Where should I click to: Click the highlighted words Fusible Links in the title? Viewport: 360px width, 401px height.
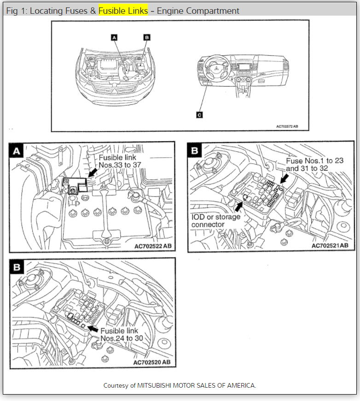pos(123,11)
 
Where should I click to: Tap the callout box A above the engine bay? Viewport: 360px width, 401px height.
pos(114,37)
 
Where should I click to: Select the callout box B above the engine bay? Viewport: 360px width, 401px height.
pos(146,37)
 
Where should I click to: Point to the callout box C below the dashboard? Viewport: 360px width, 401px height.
pos(199,115)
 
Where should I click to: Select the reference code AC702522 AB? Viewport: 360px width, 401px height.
pos(153,246)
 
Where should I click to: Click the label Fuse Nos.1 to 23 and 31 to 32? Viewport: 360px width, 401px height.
pos(314,165)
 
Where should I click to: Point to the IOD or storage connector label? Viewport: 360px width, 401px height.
pos(215,220)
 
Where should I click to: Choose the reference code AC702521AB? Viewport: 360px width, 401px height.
pos(333,246)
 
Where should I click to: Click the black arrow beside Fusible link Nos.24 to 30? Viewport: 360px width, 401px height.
pos(93,328)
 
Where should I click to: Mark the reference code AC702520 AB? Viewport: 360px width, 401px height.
pos(151,362)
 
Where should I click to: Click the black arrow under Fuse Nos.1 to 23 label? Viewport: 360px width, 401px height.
pos(285,178)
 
